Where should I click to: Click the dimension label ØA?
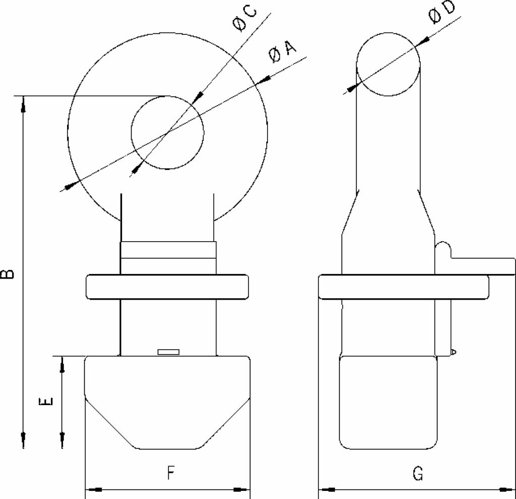click(x=282, y=52)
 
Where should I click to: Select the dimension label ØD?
click(x=441, y=12)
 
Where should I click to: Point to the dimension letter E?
click(x=45, y=402)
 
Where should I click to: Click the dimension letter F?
click(x=170, y=473)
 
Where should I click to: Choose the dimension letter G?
click(x=418, y=473)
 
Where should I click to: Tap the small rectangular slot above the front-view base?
click(x=168, y=352)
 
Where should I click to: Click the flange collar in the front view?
click(x=167, y=287)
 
